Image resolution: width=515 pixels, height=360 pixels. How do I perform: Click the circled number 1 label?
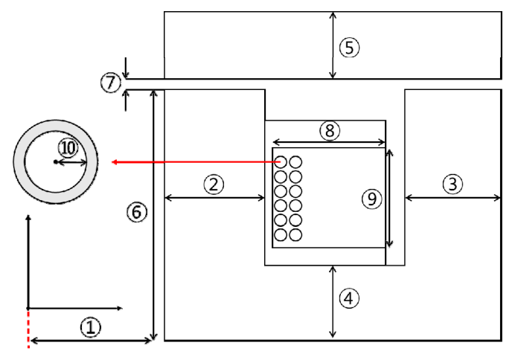(90, 327)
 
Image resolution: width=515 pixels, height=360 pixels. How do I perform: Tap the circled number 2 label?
(214, 184)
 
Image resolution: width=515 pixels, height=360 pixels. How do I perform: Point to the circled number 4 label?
(349, 299)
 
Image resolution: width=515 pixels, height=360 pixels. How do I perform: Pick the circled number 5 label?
(349, 47)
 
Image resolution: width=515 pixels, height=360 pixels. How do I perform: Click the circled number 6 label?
(135, 213)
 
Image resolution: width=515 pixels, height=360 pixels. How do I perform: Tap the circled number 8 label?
(330, 130)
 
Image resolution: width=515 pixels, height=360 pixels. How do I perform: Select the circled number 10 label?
(68, 148)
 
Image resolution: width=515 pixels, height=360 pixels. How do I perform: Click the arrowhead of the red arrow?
(114, 161)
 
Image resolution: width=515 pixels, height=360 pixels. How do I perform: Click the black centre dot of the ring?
(56, 161)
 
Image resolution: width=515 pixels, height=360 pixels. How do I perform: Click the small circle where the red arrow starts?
(281, 161)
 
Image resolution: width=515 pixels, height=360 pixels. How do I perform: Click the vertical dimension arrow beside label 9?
(389, 198)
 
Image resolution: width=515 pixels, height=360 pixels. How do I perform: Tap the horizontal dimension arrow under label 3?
(452, 198)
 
